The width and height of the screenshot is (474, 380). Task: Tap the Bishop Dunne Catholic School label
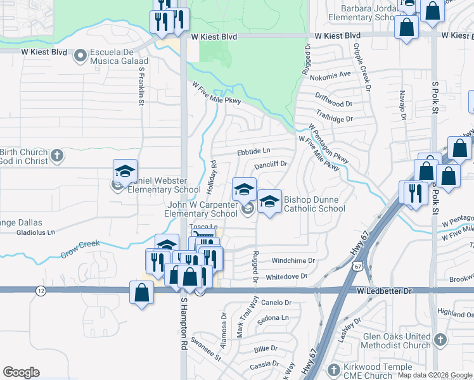click(314, 204)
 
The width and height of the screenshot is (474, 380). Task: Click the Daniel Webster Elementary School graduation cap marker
click(125, 172)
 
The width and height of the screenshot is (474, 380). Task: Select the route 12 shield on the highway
click(41, 290)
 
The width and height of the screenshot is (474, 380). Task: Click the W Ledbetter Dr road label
click(385, 290)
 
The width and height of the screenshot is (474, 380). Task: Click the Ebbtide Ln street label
click(253, 151)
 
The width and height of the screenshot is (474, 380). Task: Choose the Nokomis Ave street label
click(335, 74)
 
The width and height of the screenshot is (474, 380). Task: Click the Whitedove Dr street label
click(286, 277)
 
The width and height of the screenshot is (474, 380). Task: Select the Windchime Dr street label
click(293, 260)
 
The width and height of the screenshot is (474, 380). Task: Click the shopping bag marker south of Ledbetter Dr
click(141, 293)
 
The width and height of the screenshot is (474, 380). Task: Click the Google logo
click(21, 372)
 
